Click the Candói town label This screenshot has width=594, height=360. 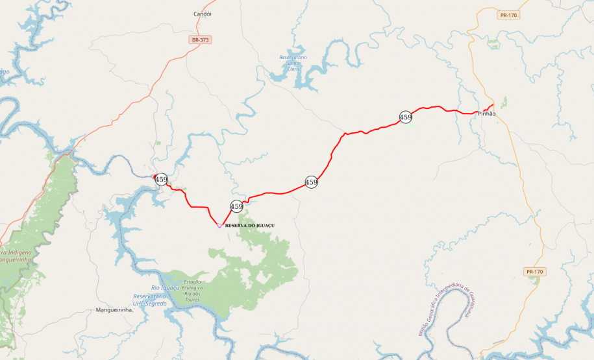click(203, 14)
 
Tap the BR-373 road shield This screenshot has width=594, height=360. click(201, 40)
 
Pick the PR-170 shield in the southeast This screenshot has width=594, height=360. click(534, 272)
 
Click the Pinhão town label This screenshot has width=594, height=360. click(486, 114)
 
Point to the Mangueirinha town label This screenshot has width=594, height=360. click(114, 310)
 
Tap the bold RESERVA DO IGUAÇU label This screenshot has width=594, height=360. click(250, 225)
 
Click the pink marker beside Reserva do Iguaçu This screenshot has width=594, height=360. click(219, 226)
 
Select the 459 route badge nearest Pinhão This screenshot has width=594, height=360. click(406, 117)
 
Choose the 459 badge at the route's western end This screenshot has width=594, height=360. click(162, 180)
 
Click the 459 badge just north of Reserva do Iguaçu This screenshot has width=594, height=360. click(237, 207)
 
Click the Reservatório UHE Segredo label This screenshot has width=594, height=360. click(150, 300)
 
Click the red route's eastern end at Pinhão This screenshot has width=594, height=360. click(493, 104)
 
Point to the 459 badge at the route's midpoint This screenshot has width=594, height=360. click(312, 182)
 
